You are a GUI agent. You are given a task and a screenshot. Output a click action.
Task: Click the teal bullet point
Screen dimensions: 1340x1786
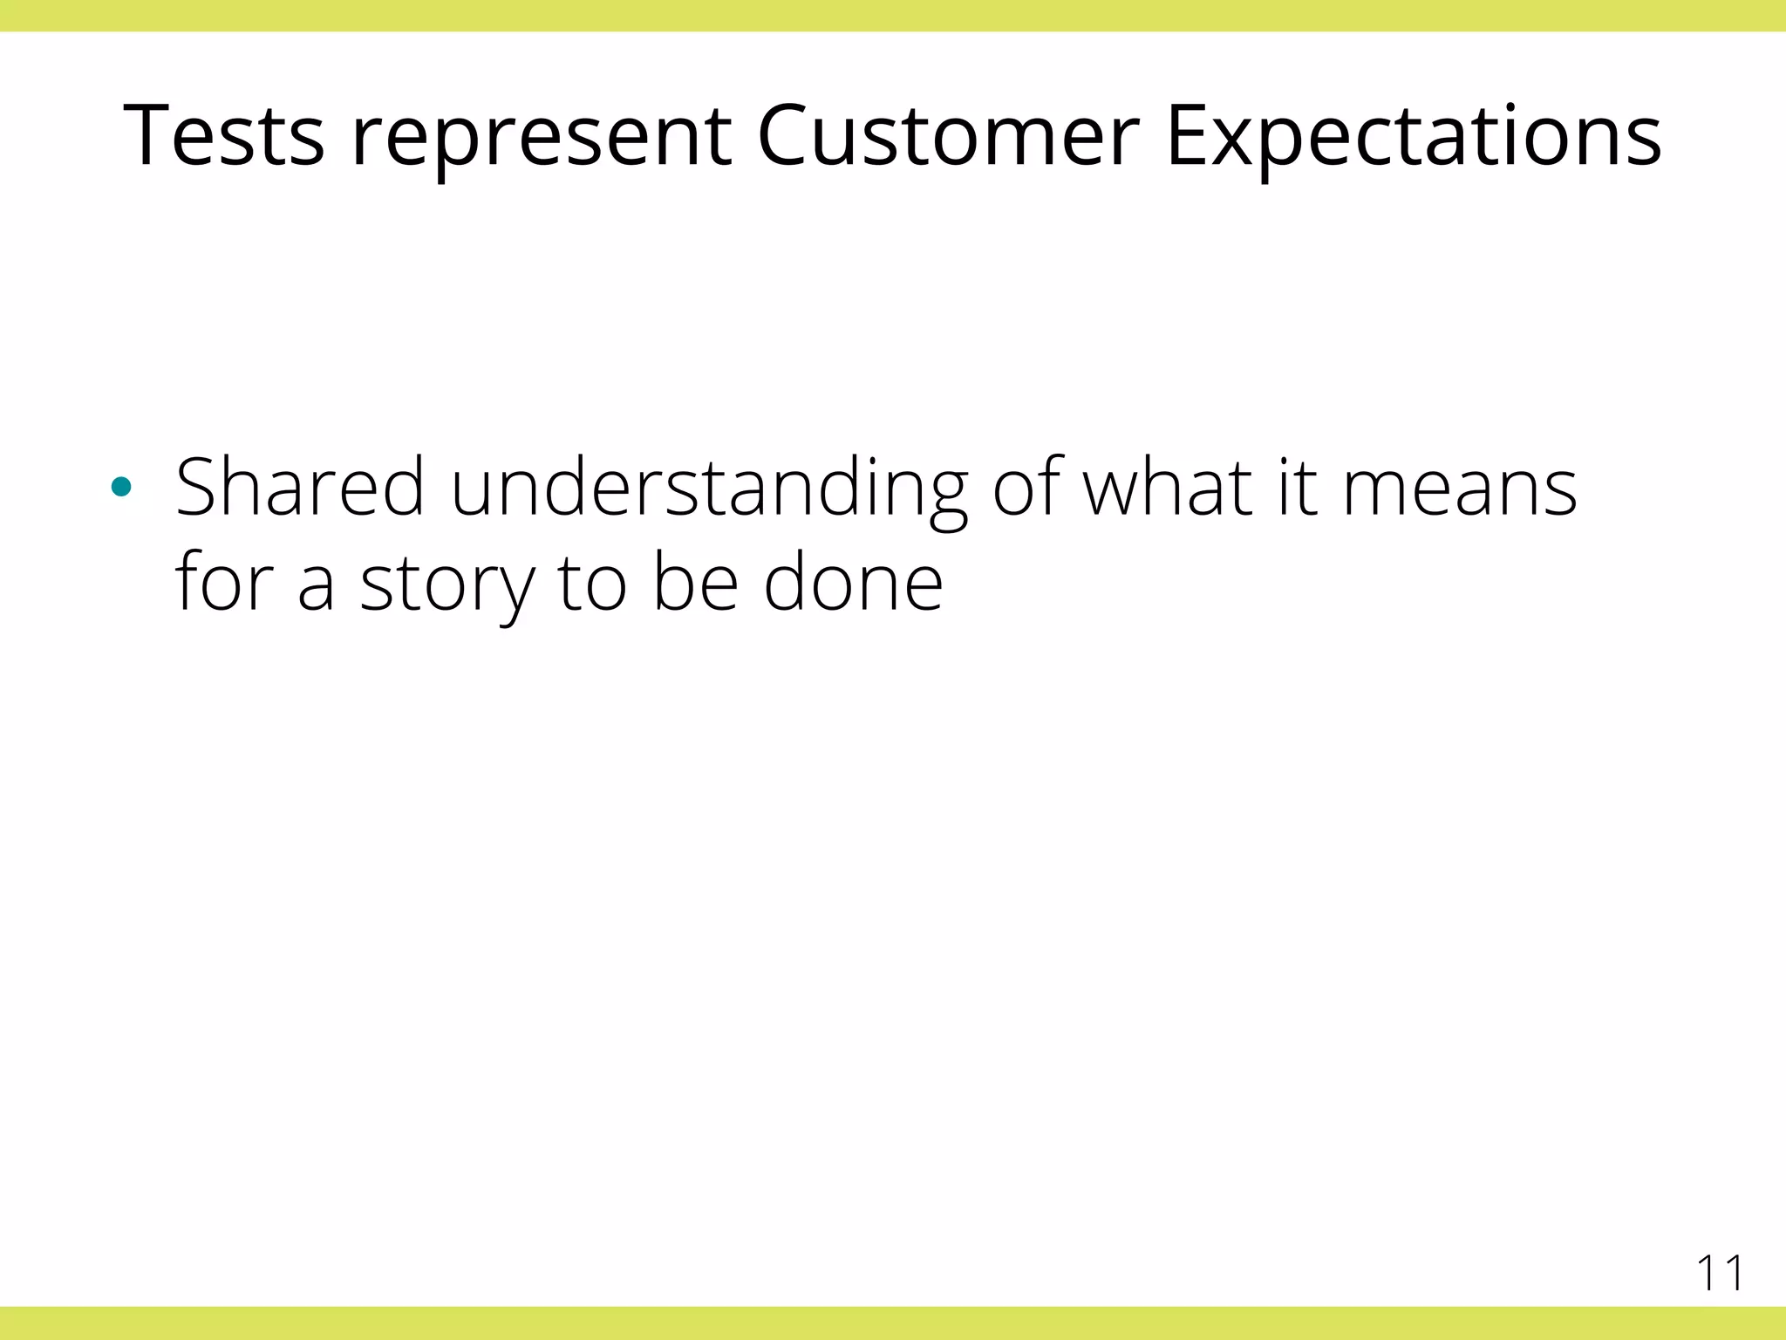pos(122,487)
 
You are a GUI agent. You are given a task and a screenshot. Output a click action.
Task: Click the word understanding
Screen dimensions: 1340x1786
pos(708,489)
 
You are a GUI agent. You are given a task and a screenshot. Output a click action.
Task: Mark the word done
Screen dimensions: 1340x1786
pos(853,582)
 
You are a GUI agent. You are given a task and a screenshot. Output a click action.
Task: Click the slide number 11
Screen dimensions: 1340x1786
pos(1719,1273)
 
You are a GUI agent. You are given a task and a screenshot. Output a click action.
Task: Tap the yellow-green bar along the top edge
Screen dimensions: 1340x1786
pos(893,16)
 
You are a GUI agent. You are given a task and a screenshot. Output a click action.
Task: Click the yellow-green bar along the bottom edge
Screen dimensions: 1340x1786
pos(893,1323)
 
